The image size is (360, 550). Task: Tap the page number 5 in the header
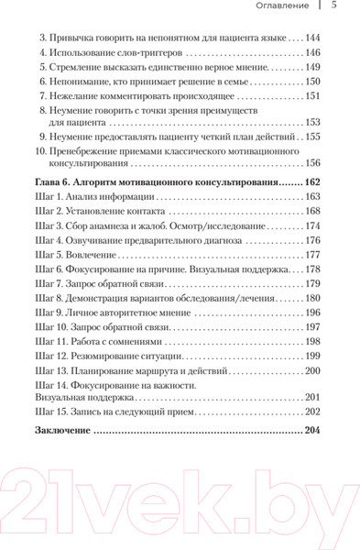click(333, 7)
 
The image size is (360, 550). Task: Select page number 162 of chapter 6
click(311, 182)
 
